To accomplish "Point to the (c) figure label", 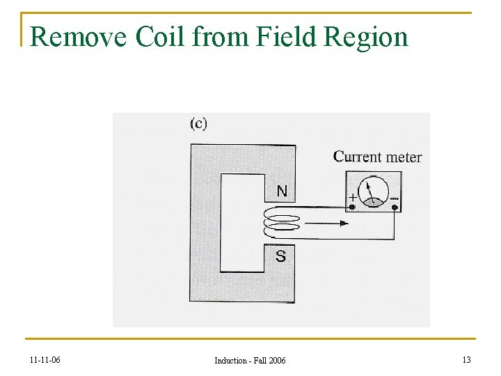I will pos(198,123).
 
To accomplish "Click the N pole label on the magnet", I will pos(281,191).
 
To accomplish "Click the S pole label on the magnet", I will pos(280,256).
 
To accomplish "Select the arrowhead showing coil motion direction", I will pos(343,224).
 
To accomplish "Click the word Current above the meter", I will pos(359,157).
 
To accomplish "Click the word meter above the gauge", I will pos(404,157).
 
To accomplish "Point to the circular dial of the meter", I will pos(374,191).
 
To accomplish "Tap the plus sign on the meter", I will pos(353,197).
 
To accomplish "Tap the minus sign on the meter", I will pos(394,198).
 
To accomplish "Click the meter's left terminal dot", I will pos(353,207).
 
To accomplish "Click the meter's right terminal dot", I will pos(395,207).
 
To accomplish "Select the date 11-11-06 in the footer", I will pos(45,360).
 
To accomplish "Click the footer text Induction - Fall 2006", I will pos(250,360).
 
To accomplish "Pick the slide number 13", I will pos(466,359).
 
